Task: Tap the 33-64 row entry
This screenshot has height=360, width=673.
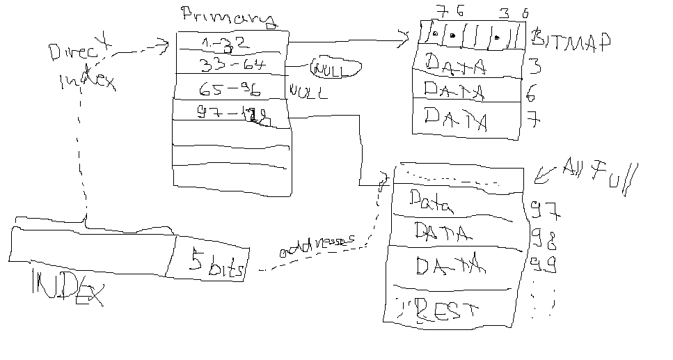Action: click(229, 65)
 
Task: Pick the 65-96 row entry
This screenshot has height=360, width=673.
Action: click(230, 90)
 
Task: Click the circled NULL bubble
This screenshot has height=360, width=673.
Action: click(335, 69)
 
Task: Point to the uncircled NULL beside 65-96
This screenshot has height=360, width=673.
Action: click(307, 92)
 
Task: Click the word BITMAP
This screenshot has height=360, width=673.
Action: click(569, 40)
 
